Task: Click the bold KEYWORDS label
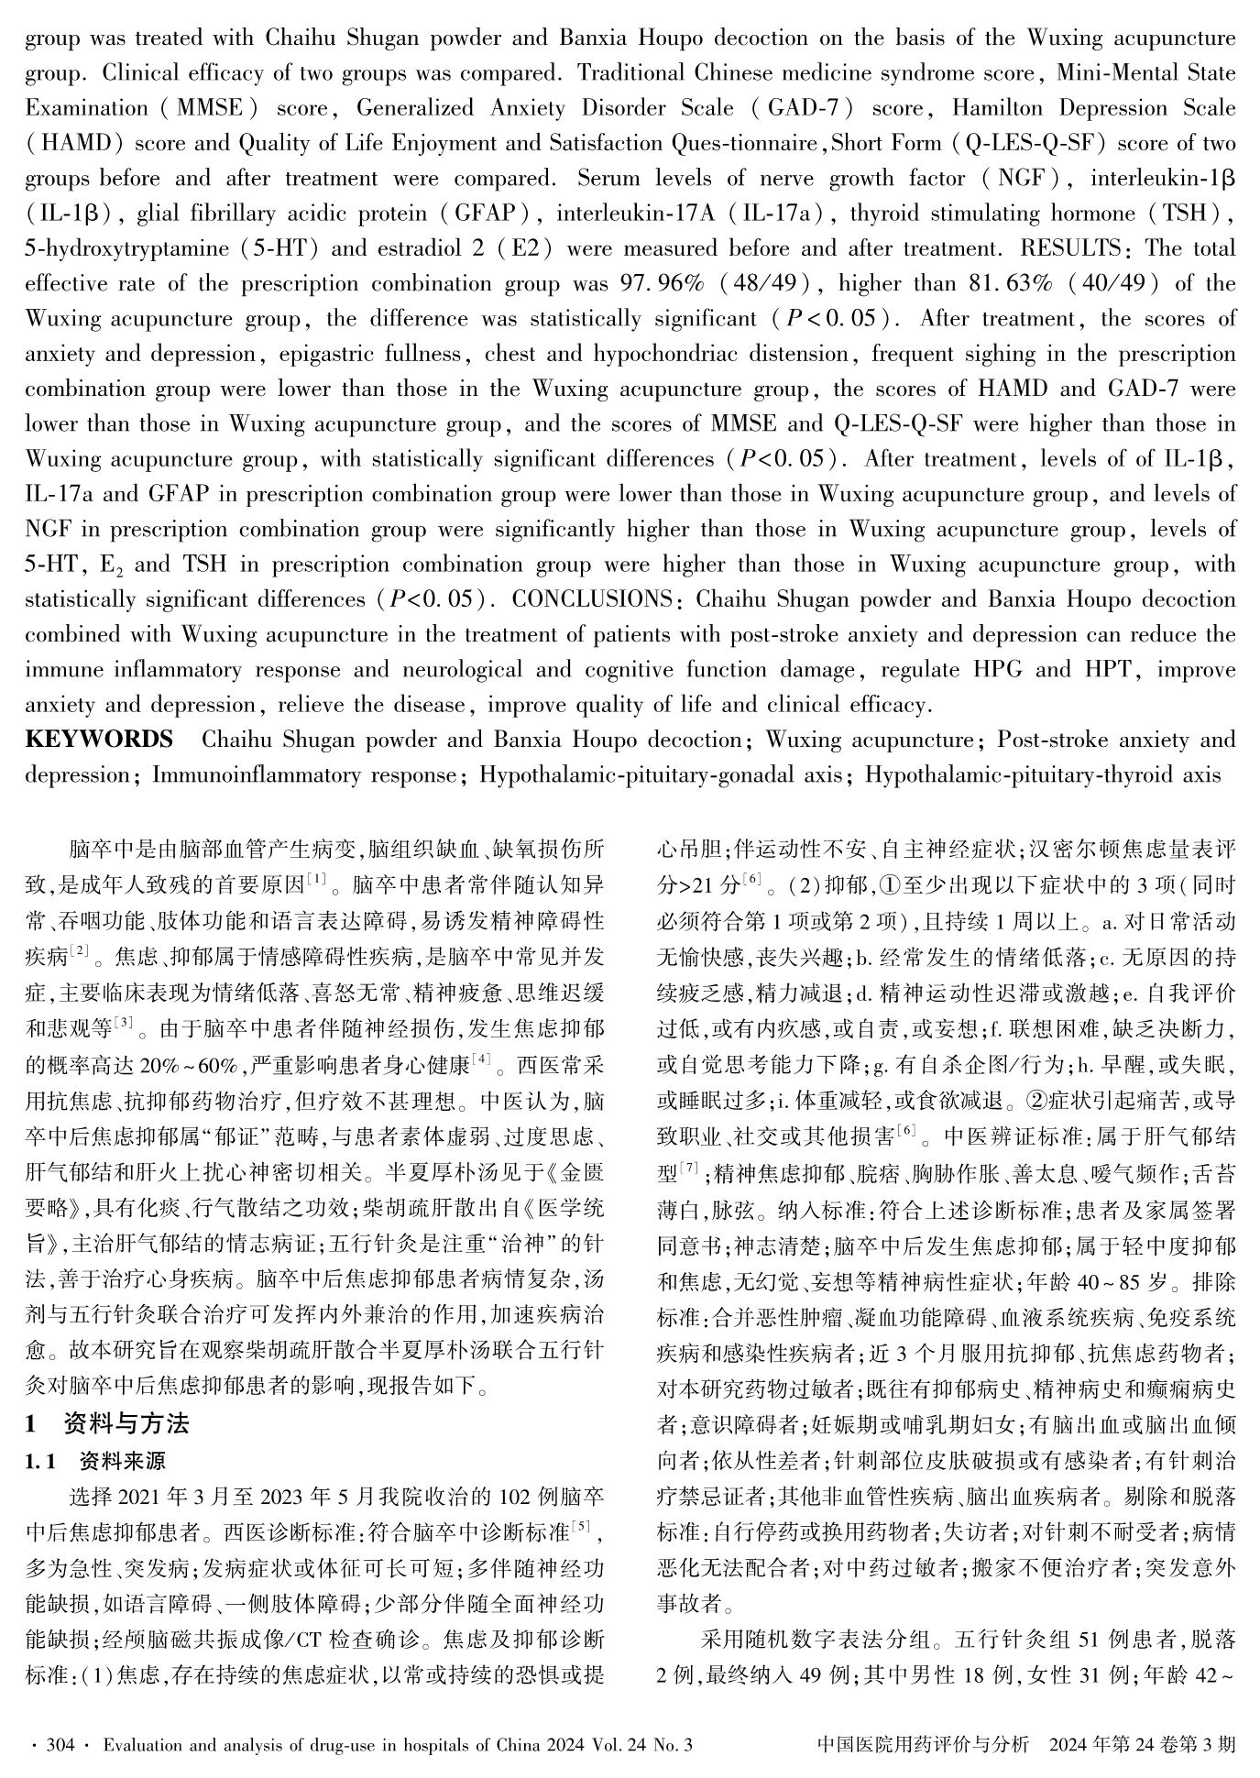click(x=98, y=740)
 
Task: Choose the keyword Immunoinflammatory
click(x=304, y=775)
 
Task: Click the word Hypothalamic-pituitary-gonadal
click(x=646, y=775)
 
